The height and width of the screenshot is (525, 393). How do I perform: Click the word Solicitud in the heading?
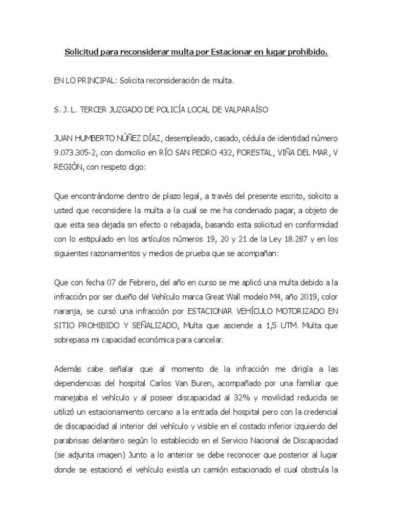click(82, 52)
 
